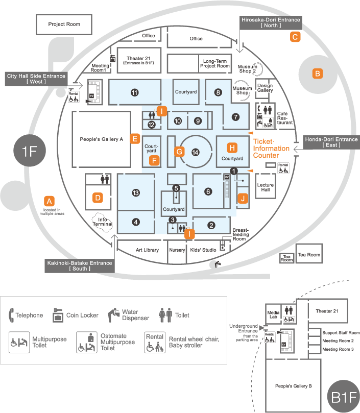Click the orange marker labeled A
[x=50, y=201]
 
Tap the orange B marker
[x=318, y=74]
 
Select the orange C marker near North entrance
[x=295, y=37]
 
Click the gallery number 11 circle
[x=134, y=93]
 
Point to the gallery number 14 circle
[x=195, y=152]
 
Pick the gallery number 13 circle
[x=135, y=192]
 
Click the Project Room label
[x=64, y=24]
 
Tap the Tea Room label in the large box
[x=309, y=255]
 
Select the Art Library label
[x=147, y=250]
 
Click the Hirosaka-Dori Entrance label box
[x=271, y=22]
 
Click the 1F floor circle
[x=29, y=152]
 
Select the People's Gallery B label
[x=293, y=386]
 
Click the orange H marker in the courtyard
[x=232, y=148]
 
